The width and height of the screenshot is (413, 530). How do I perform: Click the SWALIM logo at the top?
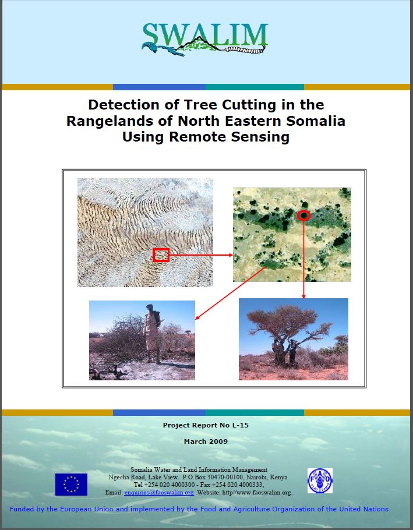coord(205,38)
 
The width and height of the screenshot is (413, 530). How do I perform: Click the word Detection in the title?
coord(124,105)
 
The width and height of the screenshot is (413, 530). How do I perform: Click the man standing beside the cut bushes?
coord(152,333)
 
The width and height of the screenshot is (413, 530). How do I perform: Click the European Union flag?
coord(71,485)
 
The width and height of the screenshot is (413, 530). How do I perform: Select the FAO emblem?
coord(320,480)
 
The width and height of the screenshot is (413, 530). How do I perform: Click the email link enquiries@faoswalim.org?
coord(159,493)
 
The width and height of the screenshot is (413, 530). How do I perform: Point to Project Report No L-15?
coord(206,425)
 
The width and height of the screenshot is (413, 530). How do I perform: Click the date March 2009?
coord(206,441)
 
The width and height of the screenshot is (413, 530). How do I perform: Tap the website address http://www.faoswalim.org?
coord(257,493)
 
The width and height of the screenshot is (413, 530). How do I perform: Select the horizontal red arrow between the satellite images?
coord(201,255)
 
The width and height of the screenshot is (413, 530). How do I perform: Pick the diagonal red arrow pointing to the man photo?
coord(231,293)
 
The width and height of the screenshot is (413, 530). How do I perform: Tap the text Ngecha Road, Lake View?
coord(143,477)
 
